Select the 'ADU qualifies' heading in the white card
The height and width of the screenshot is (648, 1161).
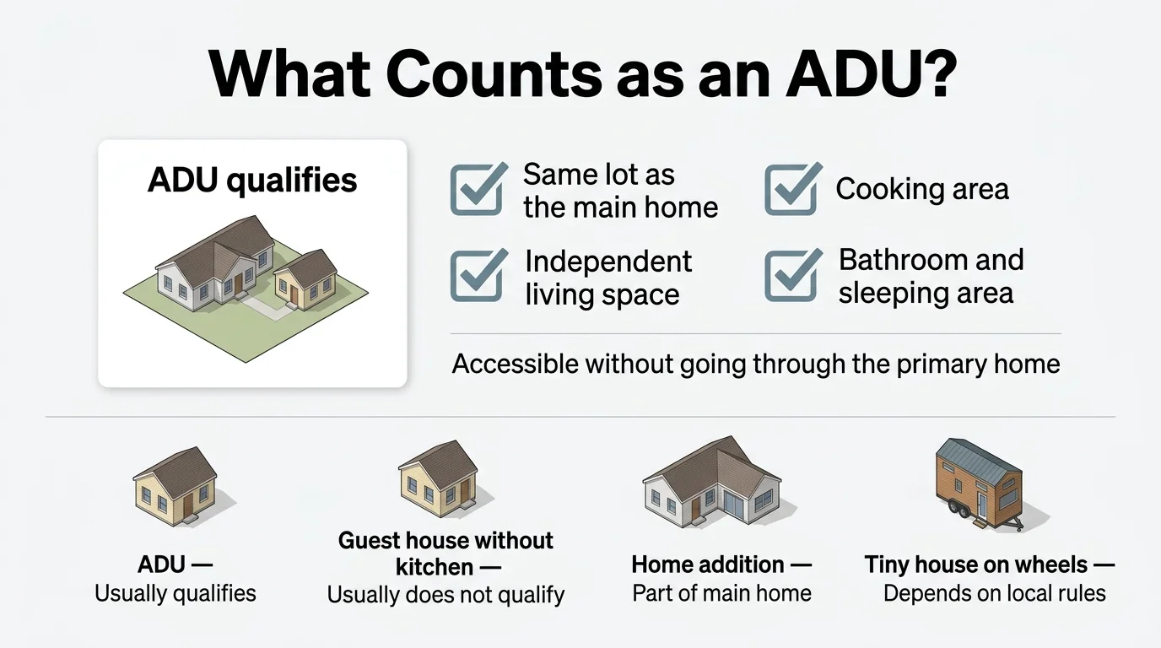click(x=252, y=181)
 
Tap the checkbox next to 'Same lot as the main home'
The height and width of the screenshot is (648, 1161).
click(x=478, y=188)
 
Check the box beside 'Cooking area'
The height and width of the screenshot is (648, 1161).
click(x=791, y=189)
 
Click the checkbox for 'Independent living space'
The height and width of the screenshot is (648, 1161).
click(x=478, y=275)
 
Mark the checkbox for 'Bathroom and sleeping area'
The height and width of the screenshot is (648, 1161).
click(x=791, y=275)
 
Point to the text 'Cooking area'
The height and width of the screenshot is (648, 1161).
click(x=921, y=189)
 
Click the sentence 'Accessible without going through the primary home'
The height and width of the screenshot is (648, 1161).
click(x=756, y=364)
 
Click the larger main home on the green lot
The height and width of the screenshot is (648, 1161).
click(x=215, y=262)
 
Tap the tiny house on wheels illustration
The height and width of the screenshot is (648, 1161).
click(x=979, y=481)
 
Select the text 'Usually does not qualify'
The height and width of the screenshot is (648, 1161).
click(x=445, y=595)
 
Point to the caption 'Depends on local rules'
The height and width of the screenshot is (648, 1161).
click(x=994, y=593)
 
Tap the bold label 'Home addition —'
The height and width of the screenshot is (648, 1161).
click(x=721, y=564)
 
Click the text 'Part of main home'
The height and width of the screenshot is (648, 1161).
click(x=721, y=593)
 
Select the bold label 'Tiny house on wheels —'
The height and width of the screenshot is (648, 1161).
click(x=989, y=564)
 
